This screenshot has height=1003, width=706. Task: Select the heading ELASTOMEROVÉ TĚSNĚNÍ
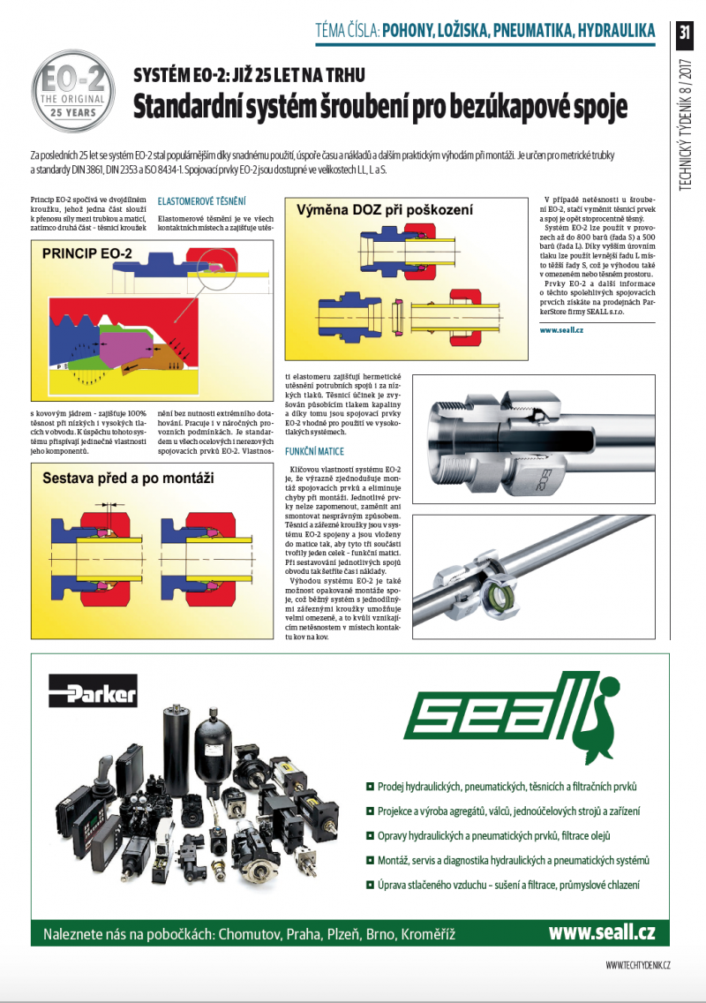tap(201, 200)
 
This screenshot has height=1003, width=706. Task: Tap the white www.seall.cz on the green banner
tap(602, 932)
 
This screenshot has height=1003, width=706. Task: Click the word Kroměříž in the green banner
tap(428, 933)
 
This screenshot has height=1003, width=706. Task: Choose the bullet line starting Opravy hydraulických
tap(499, 835)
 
